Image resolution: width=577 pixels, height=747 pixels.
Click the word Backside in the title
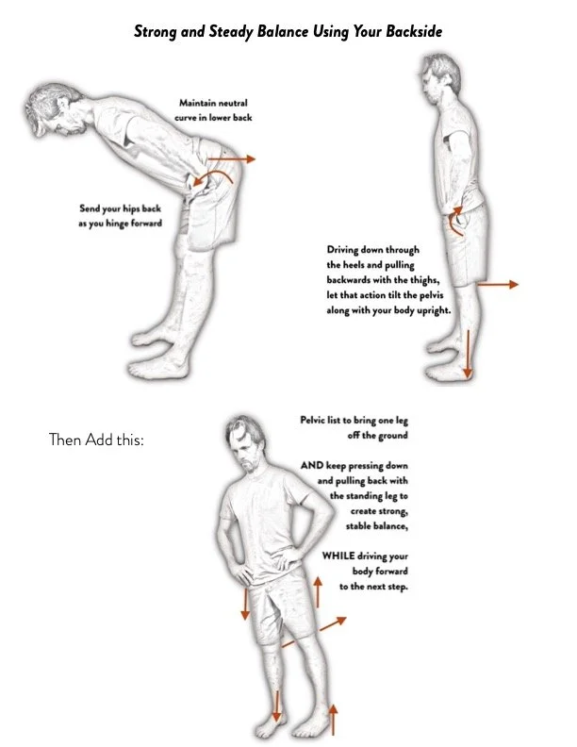click(410, 31)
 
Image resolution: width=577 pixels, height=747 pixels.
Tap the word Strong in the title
click(155, 31)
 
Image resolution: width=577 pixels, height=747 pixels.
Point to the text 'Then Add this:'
click(95, 440)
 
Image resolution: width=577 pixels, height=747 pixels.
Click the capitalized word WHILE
click(338, 556)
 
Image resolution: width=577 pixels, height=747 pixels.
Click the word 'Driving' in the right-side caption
click(345, 250)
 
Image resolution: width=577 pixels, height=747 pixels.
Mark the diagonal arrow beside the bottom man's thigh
click(326, 625)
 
